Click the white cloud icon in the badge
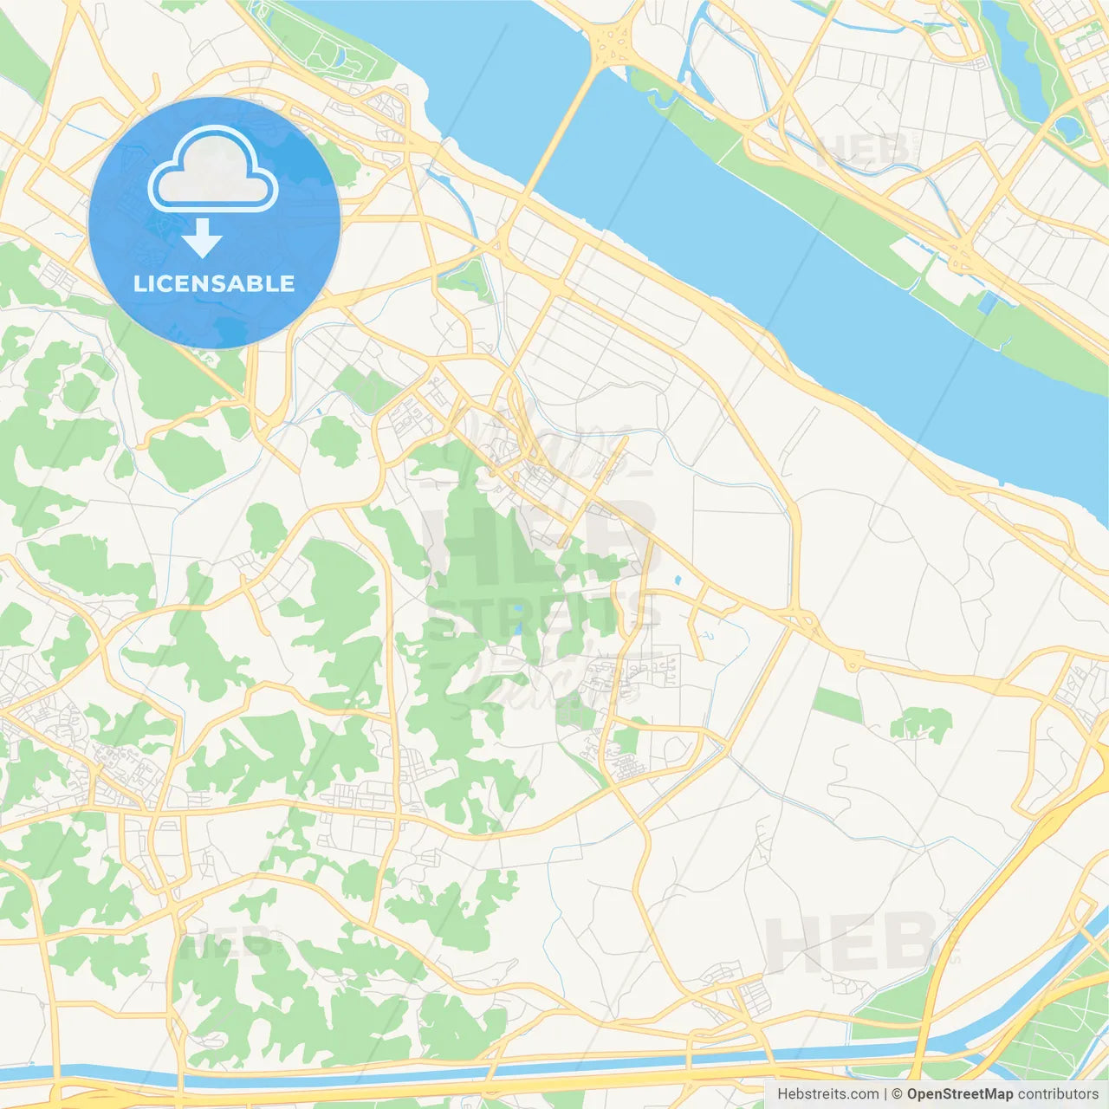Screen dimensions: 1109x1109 [213, 171]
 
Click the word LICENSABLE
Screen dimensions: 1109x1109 [214, 283]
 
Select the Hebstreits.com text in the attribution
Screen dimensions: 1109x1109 [827, 1094]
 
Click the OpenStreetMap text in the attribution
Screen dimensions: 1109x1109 [959, 1094]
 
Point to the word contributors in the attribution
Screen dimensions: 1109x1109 [1058, 1094]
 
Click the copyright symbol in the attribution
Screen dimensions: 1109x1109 [897, 1094]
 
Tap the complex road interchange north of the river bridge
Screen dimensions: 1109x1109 [612, 39]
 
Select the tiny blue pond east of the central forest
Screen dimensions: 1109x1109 [677, 580]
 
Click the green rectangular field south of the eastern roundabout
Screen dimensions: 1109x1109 [837, 705]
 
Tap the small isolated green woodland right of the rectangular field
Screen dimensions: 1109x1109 [922, 723]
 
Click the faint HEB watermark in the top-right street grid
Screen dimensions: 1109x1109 [862, 152]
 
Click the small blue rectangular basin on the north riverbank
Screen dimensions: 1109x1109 [987, 302]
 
